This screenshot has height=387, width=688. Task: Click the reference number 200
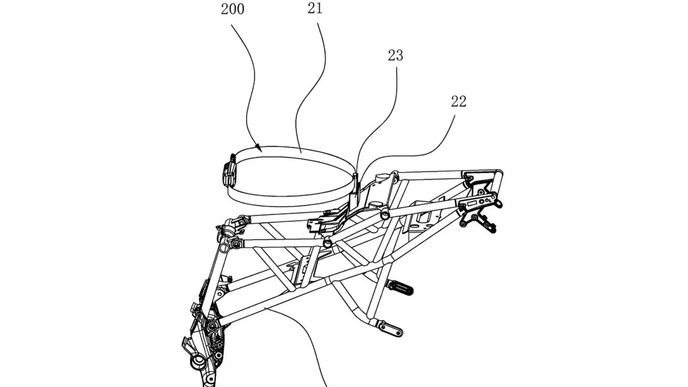(x=233, y=9)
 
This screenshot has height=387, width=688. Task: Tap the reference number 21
(x=315, y=9)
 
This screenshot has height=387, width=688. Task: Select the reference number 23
(x=395, y=55)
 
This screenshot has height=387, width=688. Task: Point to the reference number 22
(x=458, y=101)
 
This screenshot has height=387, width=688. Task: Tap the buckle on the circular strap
(x=230, y=174)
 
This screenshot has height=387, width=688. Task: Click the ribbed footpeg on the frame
(x=400, y=288)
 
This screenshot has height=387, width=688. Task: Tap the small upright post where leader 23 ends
(x=355, y=185)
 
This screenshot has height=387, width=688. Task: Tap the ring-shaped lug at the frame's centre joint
(x=328, y=243)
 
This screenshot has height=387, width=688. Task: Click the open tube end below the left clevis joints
(x=224, y=247)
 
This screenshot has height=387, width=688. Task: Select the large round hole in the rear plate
(x=482, y=201)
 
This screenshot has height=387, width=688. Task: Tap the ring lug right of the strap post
(x=384, y=214)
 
